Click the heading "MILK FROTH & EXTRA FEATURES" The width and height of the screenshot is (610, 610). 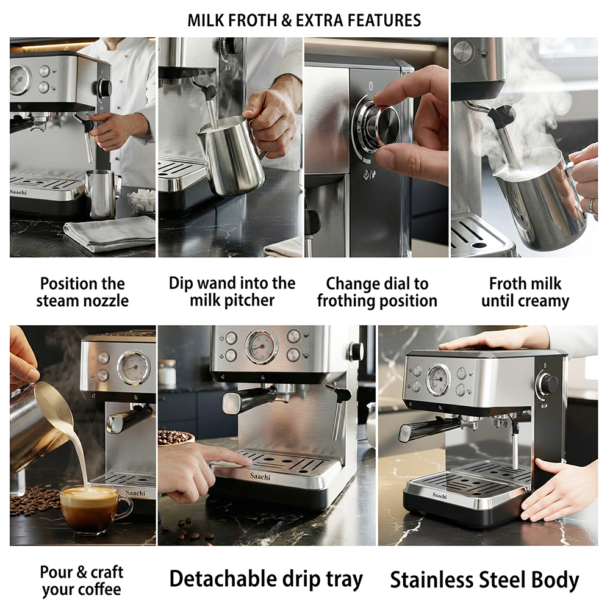(x=304, y=20)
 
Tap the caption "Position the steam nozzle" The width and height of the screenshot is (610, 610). (x=82, y=292)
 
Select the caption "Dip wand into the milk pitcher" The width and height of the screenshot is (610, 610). (x=232, y=292)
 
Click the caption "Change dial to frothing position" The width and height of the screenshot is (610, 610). (x=377, y=292)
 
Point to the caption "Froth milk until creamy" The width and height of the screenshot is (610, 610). (x=525, y=292)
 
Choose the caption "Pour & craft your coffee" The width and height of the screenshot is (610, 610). (x=82, y=581)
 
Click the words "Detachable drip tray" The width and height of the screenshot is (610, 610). (x=266, y=579)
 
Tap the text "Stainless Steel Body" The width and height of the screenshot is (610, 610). (x=485, y=580)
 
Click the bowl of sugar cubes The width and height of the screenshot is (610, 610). (x=142, y=199)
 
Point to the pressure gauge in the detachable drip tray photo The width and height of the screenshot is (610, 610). (x=262, y=347)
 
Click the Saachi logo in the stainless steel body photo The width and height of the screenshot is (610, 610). (x=440, y=495)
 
